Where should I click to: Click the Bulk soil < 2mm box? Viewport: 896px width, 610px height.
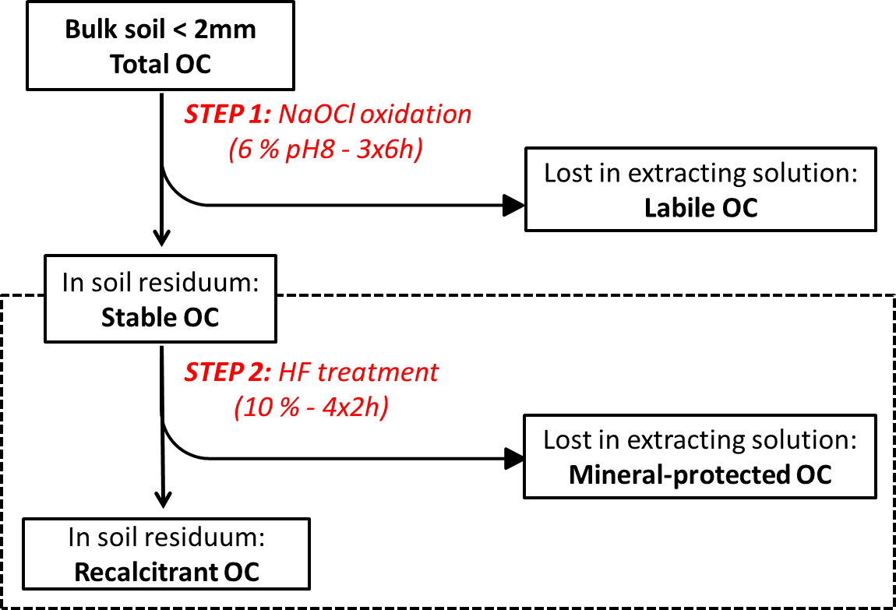click(161, 46)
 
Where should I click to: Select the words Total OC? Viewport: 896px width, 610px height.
click(161, 64)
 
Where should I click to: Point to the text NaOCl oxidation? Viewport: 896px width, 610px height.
click(375, 115)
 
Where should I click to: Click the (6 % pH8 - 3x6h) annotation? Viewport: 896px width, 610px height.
click(326, 150)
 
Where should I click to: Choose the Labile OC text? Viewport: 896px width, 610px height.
click(701, 208)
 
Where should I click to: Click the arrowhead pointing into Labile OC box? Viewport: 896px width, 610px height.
click(513, 205)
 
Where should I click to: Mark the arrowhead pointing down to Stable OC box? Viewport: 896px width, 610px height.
click(162, 237)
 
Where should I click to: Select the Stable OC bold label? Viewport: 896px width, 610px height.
click(160, 318)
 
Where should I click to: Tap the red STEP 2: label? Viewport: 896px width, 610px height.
click(228, 372)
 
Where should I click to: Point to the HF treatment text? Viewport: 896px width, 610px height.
click(358, 372)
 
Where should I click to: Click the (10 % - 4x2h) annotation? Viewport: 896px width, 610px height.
click(312, 407)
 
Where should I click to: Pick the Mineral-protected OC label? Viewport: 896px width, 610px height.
click(700, 475)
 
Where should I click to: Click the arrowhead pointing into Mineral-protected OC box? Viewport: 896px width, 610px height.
click(514, 458)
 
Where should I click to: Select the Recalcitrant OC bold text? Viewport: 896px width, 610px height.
click(167, 573)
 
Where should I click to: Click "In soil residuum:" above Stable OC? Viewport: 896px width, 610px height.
click(161, 283)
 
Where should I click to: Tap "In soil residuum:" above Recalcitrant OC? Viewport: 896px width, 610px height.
click(166, 538)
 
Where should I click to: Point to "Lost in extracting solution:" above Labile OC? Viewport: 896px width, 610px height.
click(701, 173)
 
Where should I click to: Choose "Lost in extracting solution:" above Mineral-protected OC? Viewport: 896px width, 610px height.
click(700, 440)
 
